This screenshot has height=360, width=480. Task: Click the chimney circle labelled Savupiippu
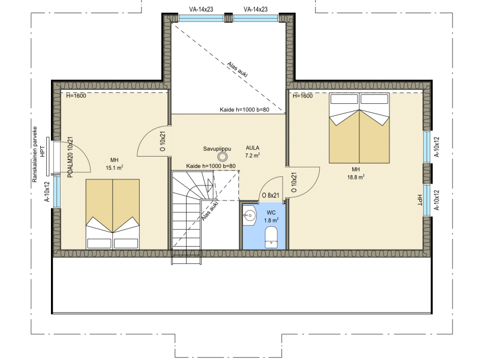(x=222, y=157)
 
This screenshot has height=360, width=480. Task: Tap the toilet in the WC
(x=271, y=237)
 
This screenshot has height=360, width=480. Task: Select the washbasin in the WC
(x=250, y=215)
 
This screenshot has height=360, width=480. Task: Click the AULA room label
(x=253, y=148)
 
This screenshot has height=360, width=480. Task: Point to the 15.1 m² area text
(x=115, y=168)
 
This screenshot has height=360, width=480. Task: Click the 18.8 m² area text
(x=356, y=177)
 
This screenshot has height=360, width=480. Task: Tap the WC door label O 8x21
(x=271, y=196)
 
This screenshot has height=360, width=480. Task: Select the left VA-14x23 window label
(x=201, y=9)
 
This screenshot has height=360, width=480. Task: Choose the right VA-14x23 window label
(x=256, y=9)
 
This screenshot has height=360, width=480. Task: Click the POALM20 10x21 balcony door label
(x=70, y=157)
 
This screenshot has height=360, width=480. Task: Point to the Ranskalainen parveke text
(x=35, y=155)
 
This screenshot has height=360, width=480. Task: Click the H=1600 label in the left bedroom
(x=76, y=96)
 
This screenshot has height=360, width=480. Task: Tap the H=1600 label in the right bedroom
(x=303, y=96)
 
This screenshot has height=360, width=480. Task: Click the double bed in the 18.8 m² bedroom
(x=359, y=128)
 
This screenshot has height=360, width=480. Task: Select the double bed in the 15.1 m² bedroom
(x=113, y=214)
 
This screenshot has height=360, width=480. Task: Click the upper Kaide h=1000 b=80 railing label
(x=245, y=110)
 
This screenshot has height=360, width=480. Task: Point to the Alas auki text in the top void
(x=237, y=70)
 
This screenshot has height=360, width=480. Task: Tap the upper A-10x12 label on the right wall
(x=437, y=147)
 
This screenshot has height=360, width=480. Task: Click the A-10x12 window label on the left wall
(x=47, y=191)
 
